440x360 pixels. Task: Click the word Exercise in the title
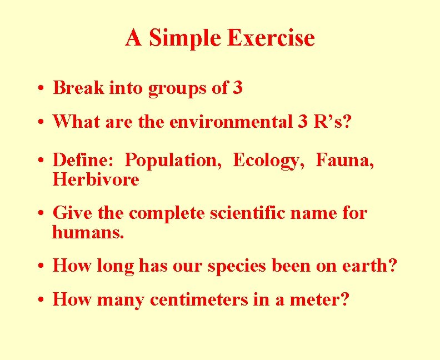click(271, 38)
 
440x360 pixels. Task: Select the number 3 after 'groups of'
click(237, 88)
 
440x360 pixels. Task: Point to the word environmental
click(229, 121)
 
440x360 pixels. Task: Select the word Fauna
click(344, 161)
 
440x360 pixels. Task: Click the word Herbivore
click(96, 180)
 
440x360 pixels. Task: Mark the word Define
click(83, 161)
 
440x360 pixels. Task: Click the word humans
click(88, 232)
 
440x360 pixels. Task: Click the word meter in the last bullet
click(321, 300)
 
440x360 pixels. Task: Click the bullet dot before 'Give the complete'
click(42, 214)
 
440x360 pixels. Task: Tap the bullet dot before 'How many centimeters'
click(42, 301)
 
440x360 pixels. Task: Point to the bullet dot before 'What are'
click(42, 122)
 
